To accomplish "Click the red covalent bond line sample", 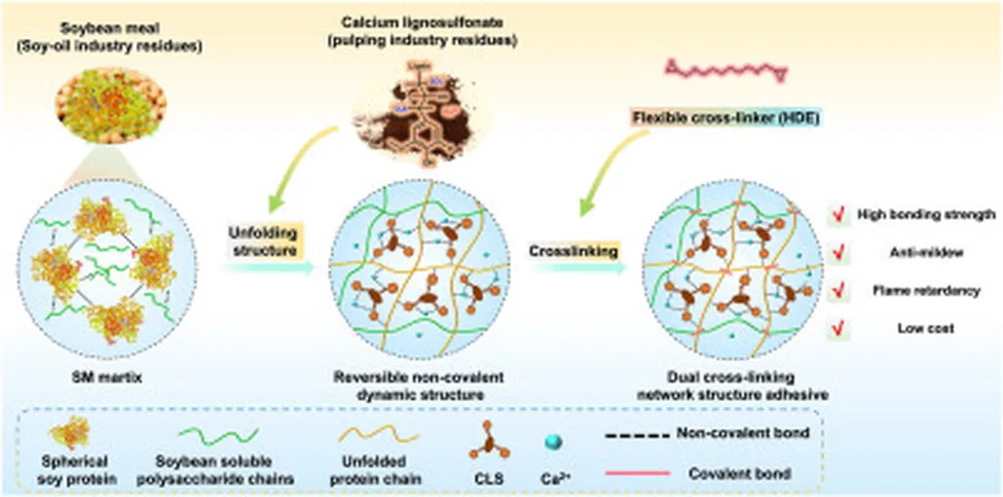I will point(637,473).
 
